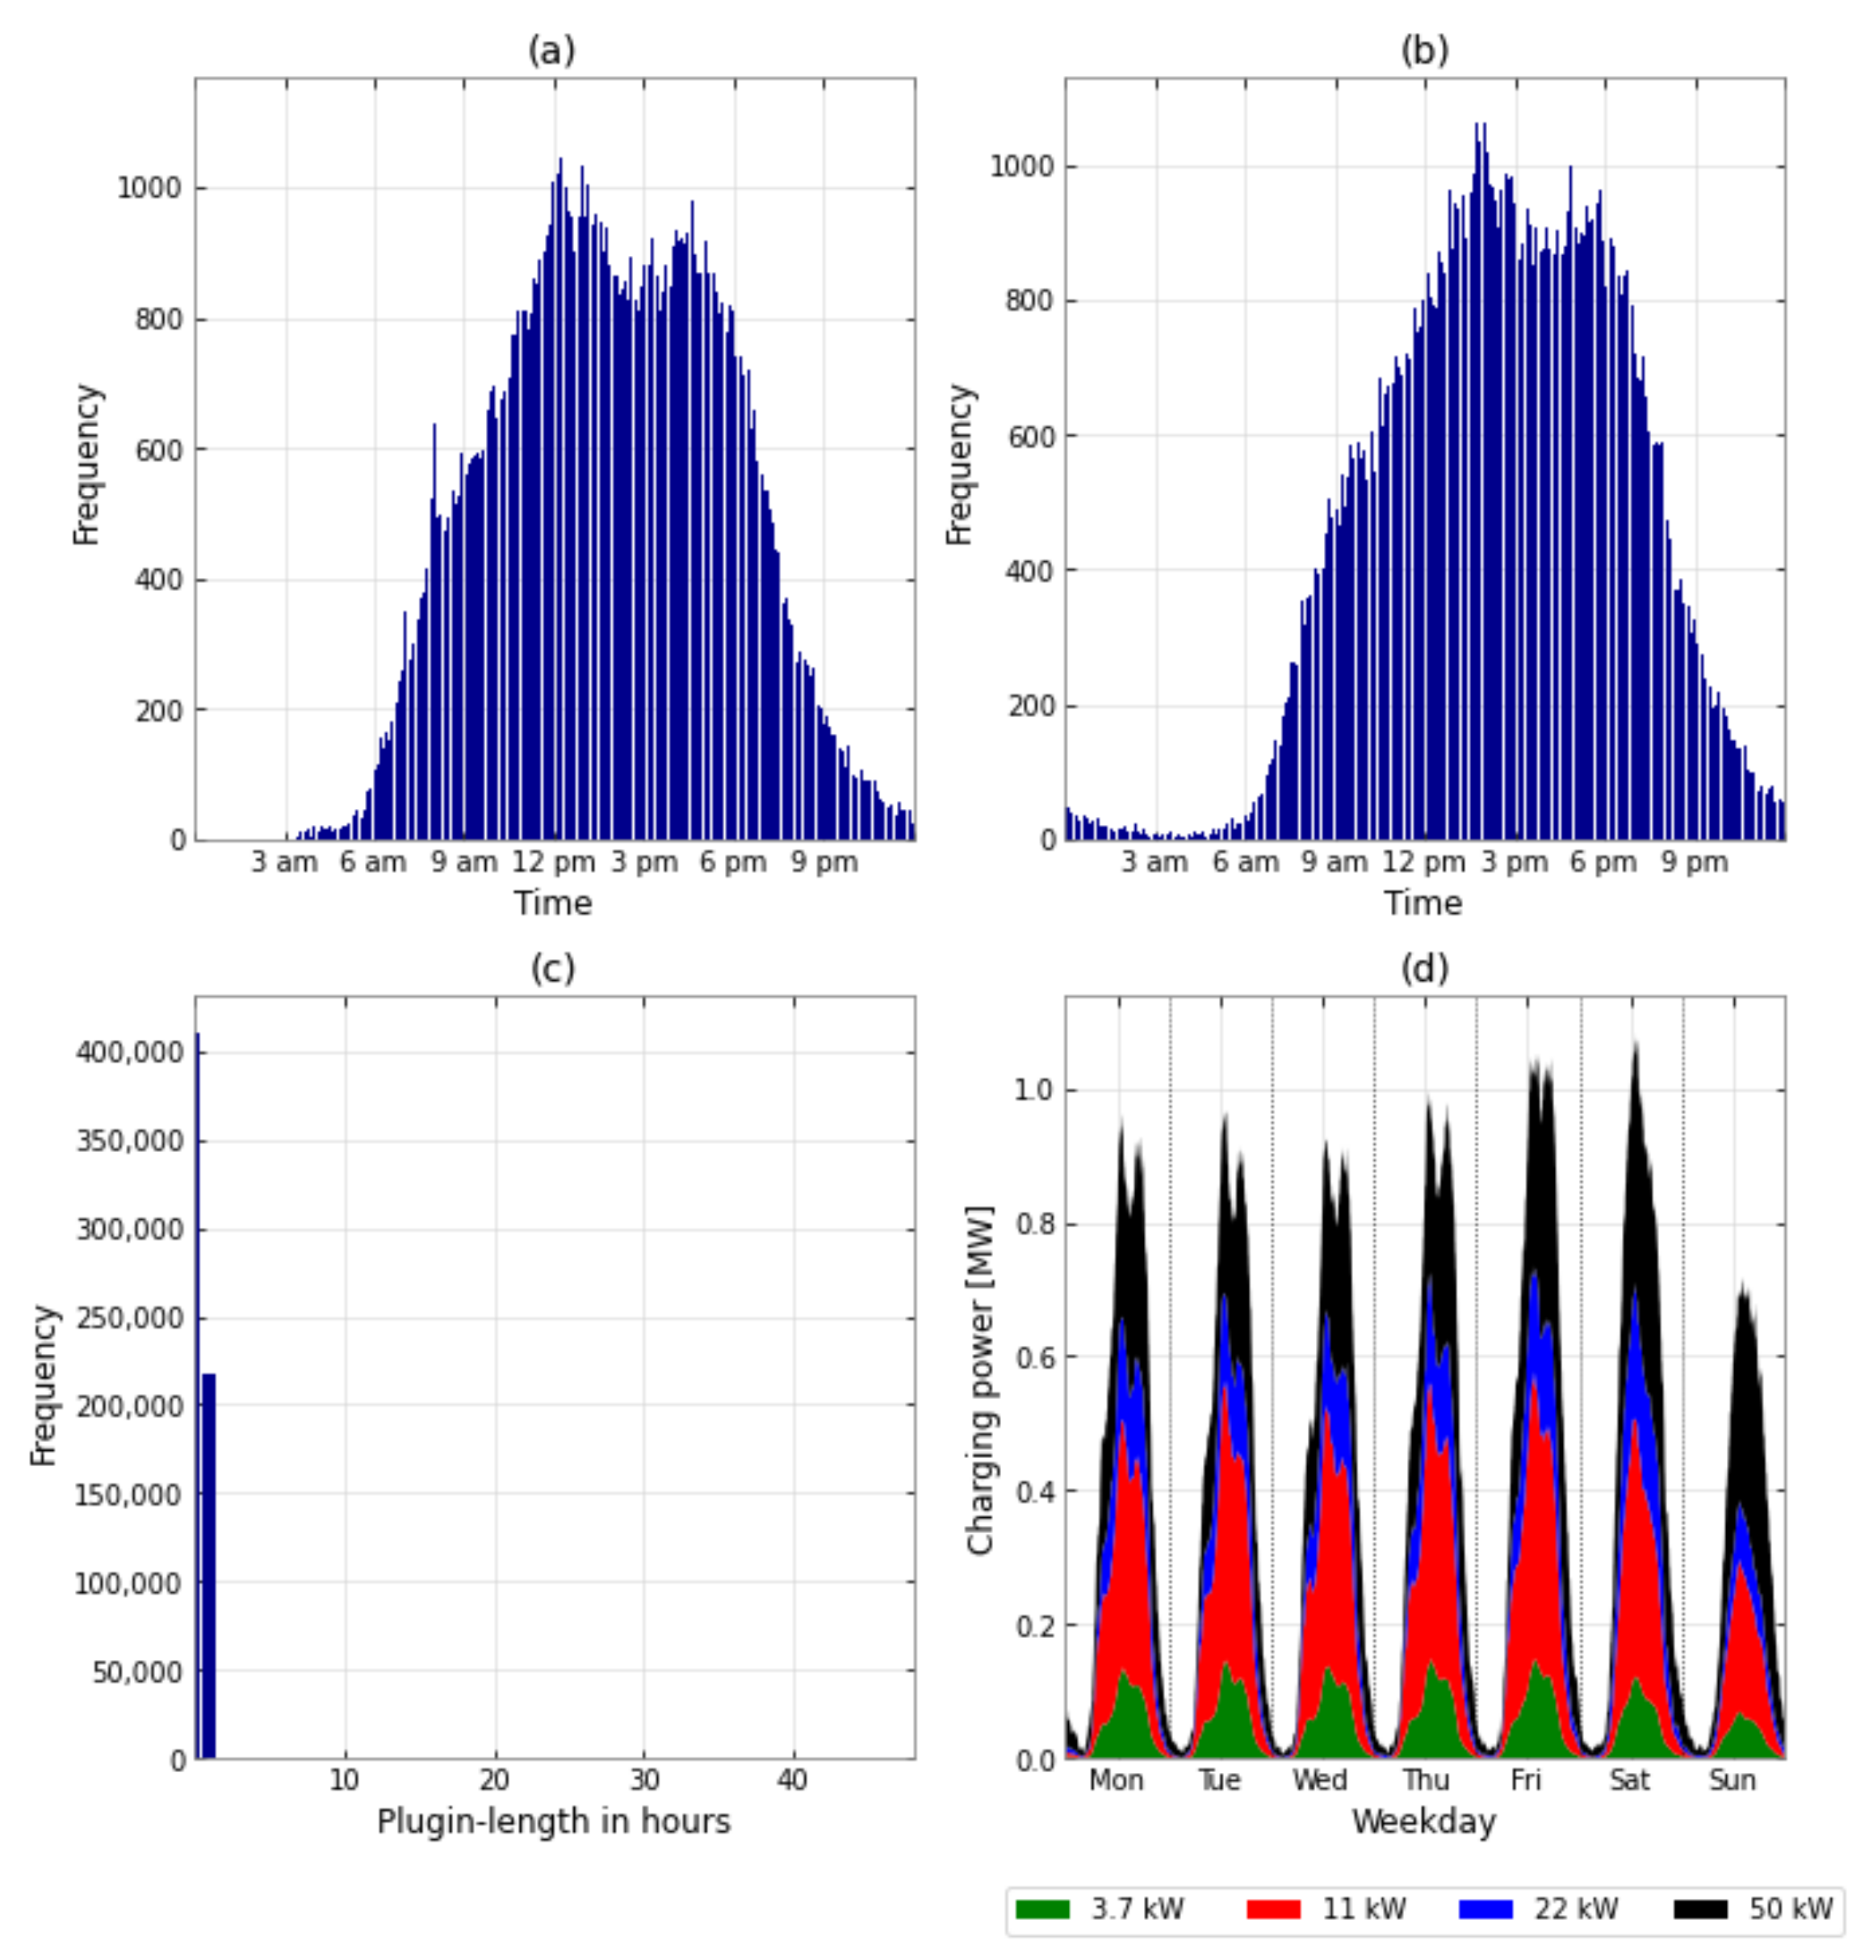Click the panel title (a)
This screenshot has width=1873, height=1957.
click(551, 51)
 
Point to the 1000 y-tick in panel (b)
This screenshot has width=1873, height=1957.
click(1021, 167)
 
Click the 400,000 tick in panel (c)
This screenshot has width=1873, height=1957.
click(130, 1053)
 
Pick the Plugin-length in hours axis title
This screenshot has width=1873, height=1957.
click(553, 1821)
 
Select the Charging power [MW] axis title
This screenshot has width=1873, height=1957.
click(980, 1380)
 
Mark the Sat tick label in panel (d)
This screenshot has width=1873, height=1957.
click(1629, 1780)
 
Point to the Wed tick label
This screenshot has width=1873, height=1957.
click(1320, 1780)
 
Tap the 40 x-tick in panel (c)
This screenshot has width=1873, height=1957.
click(793, 1780)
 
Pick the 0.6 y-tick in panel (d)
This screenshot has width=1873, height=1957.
click(1034, 1358)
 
